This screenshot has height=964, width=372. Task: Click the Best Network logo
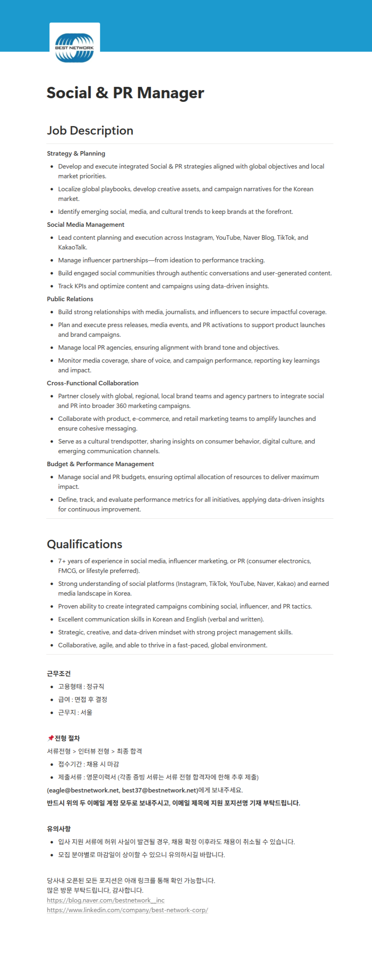tap(74, 48)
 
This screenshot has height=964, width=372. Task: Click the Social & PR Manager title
tap(125, 93)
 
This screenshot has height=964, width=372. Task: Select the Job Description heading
tap(90, 131)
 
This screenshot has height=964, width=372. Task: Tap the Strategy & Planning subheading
tap(76, 154)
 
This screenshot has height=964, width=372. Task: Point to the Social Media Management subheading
tap(85, 225)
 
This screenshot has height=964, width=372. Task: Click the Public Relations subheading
tap(70, 299)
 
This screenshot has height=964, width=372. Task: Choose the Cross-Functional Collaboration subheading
tap(93, 383)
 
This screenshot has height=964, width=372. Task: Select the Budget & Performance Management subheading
tap(100, 464)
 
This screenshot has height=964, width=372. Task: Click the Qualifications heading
tap(85, 544)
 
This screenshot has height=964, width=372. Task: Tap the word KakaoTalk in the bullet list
tap(72, 247)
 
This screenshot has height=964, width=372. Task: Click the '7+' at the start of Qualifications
tap(62, 561)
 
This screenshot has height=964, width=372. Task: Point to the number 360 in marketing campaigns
tap(122, 406)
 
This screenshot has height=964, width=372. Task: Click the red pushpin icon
tap(50, 738)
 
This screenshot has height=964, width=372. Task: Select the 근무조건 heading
tap(59, 674)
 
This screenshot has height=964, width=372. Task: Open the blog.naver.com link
tap(106, 901)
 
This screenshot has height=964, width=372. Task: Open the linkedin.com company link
tap(127, 910)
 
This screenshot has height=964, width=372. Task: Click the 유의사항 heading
tap(59, 829)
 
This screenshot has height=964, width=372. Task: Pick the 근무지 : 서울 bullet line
tap(75, 712)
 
